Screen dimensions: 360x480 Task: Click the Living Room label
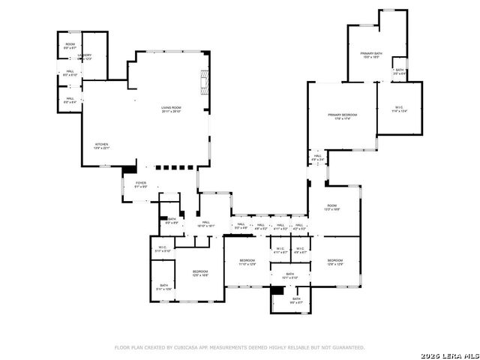click(171, 109)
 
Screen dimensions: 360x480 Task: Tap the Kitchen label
click(101, 146)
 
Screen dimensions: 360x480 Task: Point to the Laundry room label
click(85, 56)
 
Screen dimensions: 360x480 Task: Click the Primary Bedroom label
click(342, 116)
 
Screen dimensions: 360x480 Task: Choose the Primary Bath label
click(370, 55)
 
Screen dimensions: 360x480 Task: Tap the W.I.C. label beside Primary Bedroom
click(399, 109)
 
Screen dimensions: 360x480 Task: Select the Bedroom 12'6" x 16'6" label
click(199, 273)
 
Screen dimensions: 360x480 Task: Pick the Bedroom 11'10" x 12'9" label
click(247, 262)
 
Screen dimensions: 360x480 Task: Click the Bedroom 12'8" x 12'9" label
click(334, 262)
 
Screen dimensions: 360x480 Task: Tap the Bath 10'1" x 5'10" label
click(289, 275)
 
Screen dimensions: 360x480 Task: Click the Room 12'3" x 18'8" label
click(331, 208)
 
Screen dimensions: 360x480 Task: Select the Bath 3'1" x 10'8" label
click(164, 286)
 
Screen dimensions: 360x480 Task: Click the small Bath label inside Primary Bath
click(400, 72)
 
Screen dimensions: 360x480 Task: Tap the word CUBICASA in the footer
click(187, 347)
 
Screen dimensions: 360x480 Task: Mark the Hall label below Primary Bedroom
click(317, 157)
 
